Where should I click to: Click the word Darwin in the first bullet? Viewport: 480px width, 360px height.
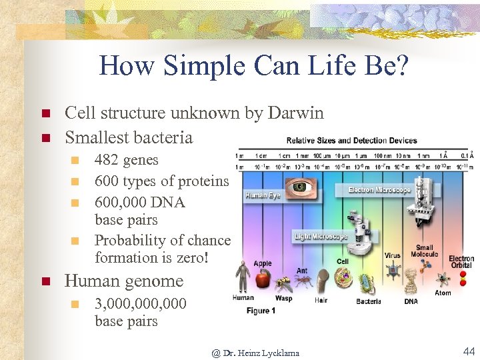click(x=295, y=113)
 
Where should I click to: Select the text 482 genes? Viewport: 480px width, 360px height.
click(x=127, y=160)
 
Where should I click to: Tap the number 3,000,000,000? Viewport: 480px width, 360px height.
click(x=141, y=304)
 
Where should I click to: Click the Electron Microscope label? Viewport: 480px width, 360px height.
click(x=379, y=190)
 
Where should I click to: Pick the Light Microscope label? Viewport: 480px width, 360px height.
click(x=321, y=237)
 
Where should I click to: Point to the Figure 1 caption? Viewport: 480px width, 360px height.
click(x=262, y=311)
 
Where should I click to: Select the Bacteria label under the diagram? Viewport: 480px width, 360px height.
click(x=368, y=301)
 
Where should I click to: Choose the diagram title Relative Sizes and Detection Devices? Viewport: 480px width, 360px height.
click(x=351, y=141)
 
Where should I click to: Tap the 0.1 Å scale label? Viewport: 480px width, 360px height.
click(x=465, y=156)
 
